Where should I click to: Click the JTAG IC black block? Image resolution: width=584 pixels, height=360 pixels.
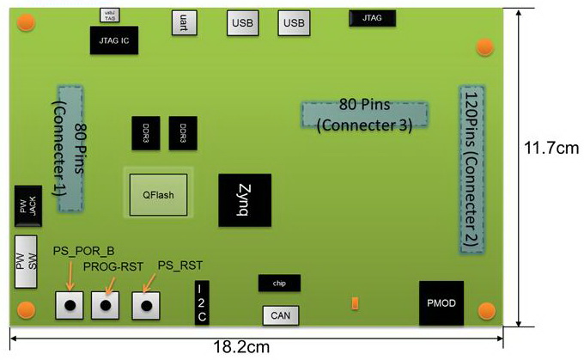(x=113, y=40)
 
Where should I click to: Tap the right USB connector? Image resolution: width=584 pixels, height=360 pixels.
(x=295, y=22)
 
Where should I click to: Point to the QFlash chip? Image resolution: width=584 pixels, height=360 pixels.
(x=158, y=194)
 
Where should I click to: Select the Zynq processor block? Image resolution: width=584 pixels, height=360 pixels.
(x=245, y=200)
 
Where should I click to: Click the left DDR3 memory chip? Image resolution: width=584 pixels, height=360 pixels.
(x=145, y=131)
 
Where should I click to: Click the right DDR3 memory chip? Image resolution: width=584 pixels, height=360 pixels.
(x=183, y=131)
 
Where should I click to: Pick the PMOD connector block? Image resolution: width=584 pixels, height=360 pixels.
(x=441, y=302)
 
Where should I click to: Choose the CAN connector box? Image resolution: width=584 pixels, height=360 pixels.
(x=280, y=316)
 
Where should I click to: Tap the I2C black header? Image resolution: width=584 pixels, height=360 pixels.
(x=202, y=302)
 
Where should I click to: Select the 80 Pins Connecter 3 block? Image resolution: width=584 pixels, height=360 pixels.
(x=364, y=115)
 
